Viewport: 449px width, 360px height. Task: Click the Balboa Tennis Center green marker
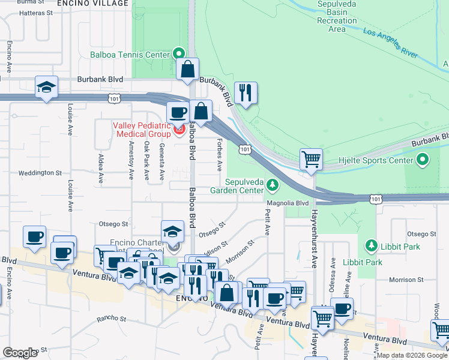(x=178, y=54)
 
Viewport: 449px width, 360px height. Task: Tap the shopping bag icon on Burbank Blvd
(x=188, y=69)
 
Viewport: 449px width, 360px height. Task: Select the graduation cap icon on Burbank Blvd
(x=46, y=87)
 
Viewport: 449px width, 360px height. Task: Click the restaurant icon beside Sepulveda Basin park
(x=246, y=92)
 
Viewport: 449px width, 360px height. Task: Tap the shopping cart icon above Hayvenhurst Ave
(x=311, y=160)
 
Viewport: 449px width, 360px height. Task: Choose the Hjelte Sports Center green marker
(x=423, y=160)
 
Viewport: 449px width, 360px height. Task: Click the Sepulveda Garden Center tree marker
(x=273, y=185)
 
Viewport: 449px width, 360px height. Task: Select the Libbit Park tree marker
(x=370, y=246)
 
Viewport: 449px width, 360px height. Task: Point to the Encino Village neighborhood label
(x=92, y=4)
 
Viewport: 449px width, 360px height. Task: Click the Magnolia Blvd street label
(x=288, y=203)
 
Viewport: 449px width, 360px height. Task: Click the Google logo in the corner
(x=20, y=352)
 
